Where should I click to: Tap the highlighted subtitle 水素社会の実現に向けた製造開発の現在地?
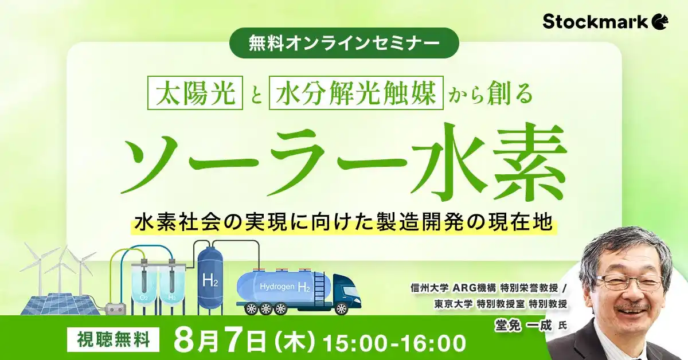pos(344,221)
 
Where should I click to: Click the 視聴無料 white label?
pos(114,341)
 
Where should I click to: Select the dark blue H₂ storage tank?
pos(211,278)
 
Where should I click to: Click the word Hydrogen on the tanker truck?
pos(277,285)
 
